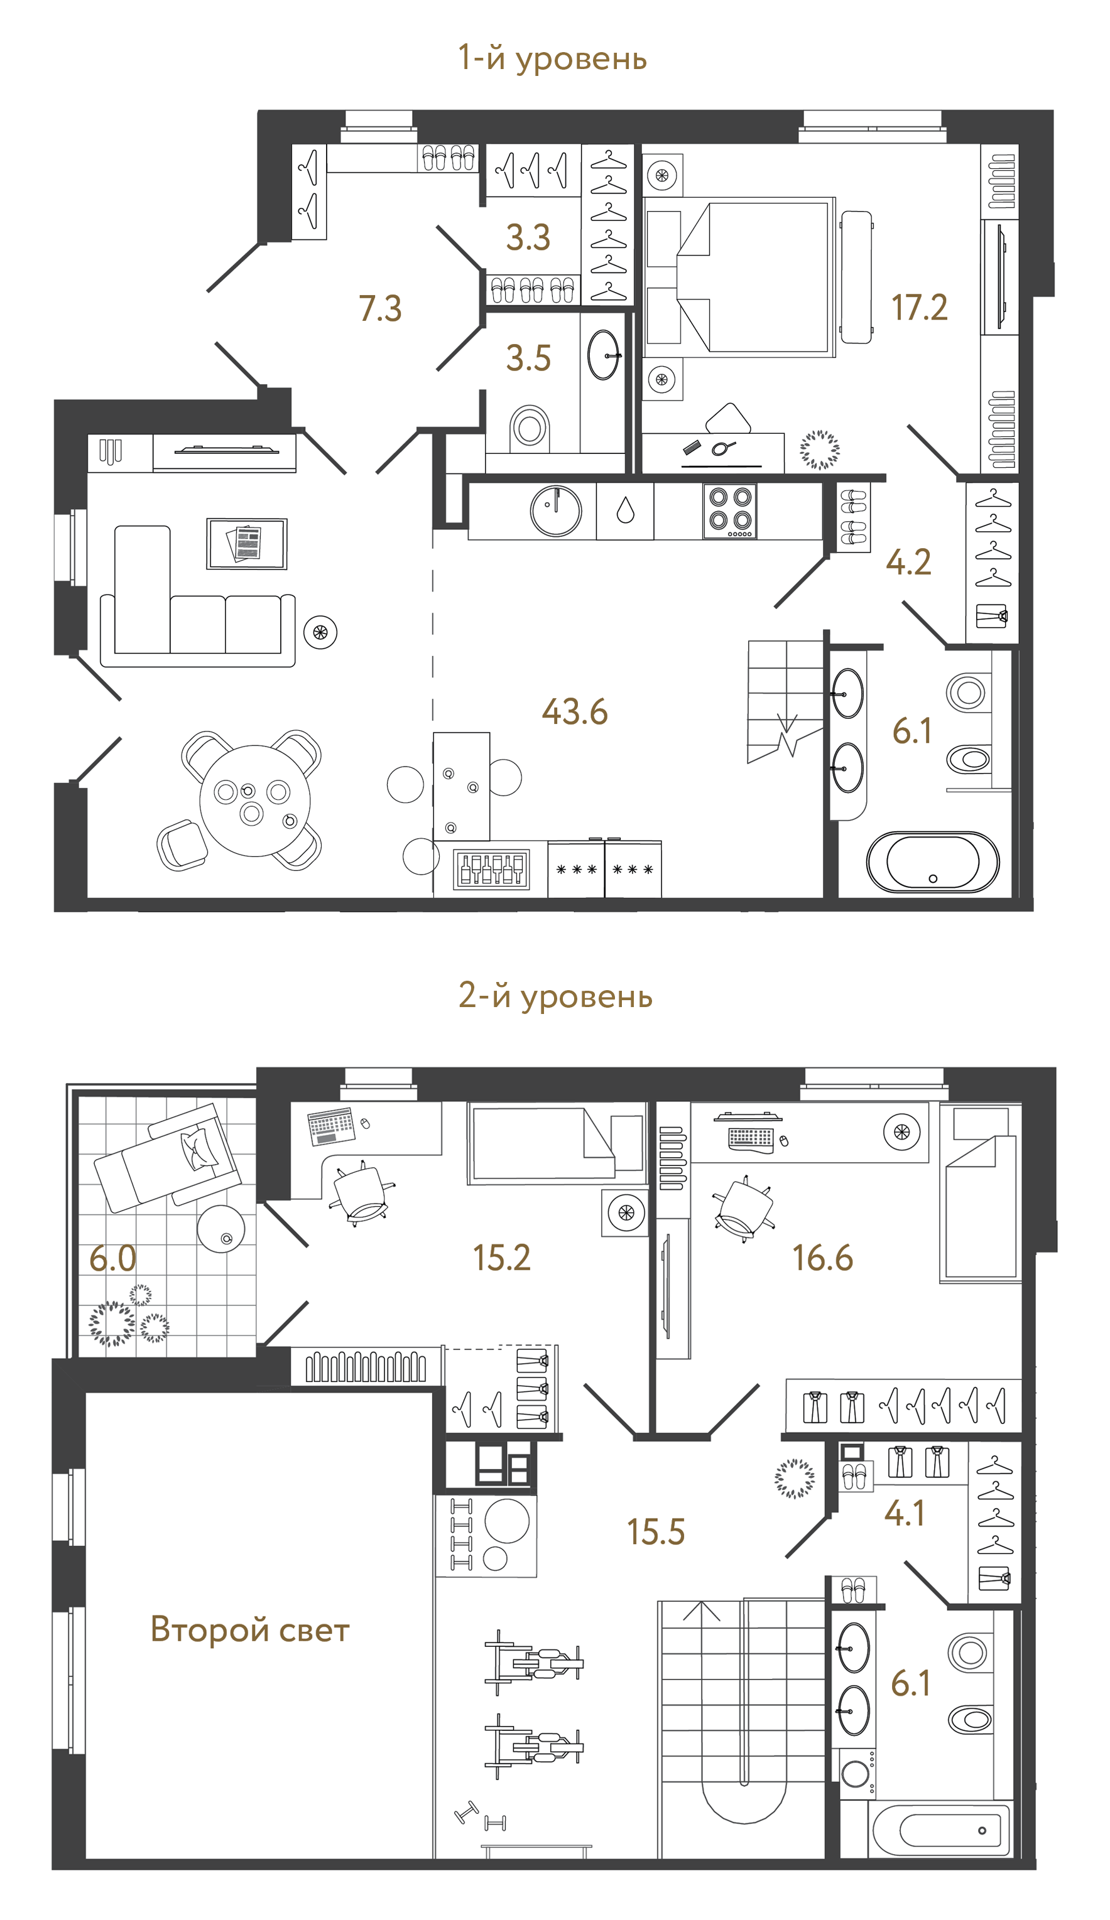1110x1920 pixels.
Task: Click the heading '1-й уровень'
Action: coord(552,58)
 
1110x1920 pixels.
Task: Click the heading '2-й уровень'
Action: coord(555,996)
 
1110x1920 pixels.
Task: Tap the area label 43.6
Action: coord(575,711)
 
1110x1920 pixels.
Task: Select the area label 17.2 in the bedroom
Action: coord(920,308)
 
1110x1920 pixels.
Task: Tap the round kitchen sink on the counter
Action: coord(556,510)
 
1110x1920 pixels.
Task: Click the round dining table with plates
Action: coord(254,801)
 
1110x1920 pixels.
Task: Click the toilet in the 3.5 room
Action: coord(530,427)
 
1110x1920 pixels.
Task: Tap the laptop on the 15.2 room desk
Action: coord(331,1125)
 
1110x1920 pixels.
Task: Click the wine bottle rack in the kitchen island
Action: coord(492,870)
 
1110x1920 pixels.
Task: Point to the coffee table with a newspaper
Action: coord(247,543)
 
